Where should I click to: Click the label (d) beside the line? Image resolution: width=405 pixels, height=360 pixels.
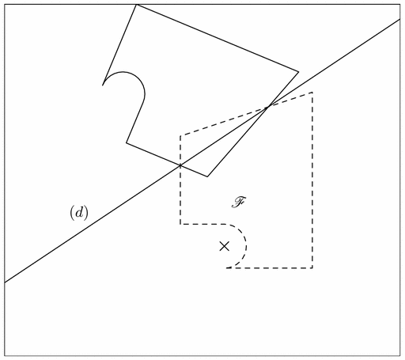tap(79, 213)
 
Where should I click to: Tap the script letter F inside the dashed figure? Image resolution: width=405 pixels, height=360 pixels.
tap(240, 203)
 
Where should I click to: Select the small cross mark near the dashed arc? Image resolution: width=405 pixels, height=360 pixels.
tap(225, 246)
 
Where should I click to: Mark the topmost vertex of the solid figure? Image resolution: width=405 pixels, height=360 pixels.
tap(136, 5)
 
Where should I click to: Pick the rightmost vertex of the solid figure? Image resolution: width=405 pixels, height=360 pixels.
tap(298, 71)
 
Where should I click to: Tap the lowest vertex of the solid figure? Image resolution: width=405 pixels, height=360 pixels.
tap(207, 176)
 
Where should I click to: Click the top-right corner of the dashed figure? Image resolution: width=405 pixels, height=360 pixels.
tap(312, 93)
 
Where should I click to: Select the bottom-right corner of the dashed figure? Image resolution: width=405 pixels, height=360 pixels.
tap(312, 268)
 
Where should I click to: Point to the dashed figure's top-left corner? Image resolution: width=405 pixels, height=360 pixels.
tap(180, 136)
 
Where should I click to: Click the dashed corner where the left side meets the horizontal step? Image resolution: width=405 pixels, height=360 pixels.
tap(180, 224)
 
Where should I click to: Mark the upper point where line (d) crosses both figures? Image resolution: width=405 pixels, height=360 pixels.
tap(267, 107)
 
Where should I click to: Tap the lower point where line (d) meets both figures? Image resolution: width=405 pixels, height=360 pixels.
tap(180, 165)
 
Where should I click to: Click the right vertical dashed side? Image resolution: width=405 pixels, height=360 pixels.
tap(312, 180)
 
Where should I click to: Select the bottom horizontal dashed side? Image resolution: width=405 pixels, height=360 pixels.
tap(270, 268)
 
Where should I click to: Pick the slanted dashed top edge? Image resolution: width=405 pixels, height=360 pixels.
tap(246, 114)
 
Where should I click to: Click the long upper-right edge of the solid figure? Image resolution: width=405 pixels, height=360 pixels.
tap(218, 38)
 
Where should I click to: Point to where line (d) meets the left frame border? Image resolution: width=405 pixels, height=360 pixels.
tap(5, 282)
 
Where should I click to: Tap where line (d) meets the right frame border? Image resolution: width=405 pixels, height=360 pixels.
tap(400, 20)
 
